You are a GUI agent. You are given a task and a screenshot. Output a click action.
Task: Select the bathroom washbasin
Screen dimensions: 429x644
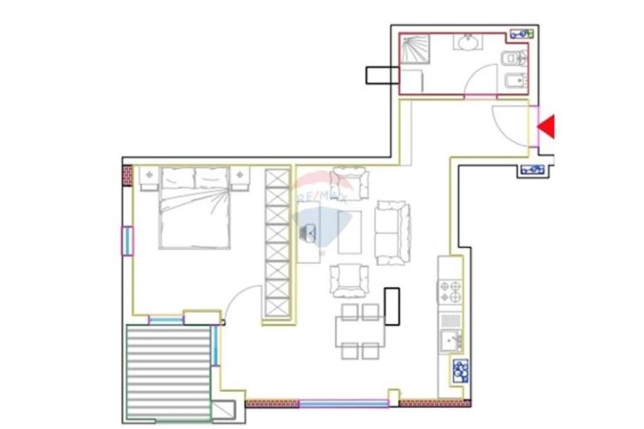pyautogui.click(x=468, y=43)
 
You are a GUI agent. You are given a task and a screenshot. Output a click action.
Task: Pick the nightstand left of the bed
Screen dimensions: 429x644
pyautogui.click(x=148, y=177)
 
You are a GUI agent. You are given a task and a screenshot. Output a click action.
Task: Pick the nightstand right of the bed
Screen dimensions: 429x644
pyautogui.click(x=239, y=177)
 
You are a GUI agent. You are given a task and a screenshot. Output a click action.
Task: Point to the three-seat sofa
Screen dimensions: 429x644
pyautogui.click(x=393, y=232)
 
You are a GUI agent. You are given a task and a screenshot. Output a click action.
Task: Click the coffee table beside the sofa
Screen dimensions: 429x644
pyautogui.click(x=350, y=232)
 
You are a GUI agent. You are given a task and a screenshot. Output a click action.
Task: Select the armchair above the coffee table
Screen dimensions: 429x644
pyautogui.click(x=348, y=183)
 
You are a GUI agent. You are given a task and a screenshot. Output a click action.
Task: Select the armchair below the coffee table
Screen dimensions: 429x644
pyautogui.click(x=348, y=280)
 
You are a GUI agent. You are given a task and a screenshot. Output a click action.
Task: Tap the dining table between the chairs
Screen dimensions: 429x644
pyautogui.click(x=358, y=332)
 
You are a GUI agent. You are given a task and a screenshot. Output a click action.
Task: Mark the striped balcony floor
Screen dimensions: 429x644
pyautogui.click(x=168, y=372)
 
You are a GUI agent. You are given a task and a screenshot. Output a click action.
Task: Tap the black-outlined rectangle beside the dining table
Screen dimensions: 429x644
pyautogui.click(x=392, y=306)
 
